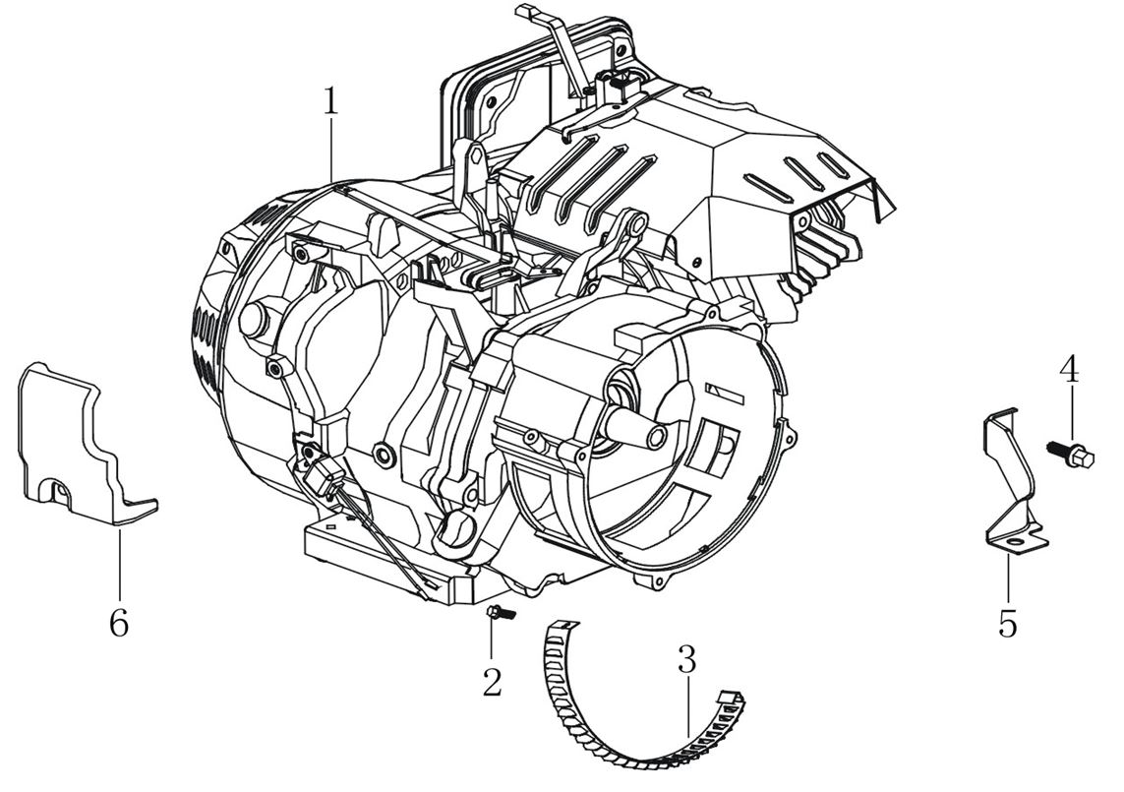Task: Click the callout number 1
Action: [x=331, y=102]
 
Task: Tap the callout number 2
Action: [x=492, y=681]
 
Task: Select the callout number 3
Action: [x=686, y=660]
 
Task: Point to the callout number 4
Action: [x=1069, y=371]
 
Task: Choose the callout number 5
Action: [x=1008, y=623]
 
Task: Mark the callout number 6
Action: [x=118, y=623]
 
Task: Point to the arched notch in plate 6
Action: [x=61, y=487]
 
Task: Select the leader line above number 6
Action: [x=118, y=561]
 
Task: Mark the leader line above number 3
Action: [x=688, y=703]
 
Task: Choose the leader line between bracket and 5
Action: [x=1007, y=576]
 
